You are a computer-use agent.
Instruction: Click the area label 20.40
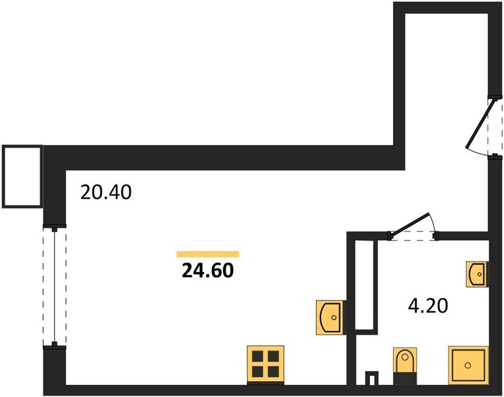(106, 193)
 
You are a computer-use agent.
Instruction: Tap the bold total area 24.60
(207, 271)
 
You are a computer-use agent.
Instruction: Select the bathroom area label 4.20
(428, 306)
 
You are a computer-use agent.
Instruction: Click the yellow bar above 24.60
(207, 254)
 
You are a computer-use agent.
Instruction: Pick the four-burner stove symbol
(266, 365)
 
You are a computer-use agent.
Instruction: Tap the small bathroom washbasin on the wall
(476, 274)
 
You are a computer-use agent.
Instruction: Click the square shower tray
(468, 365)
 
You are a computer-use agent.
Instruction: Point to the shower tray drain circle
(468, 365)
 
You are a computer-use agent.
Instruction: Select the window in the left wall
(55, 287)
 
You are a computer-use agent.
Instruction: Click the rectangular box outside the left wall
(22, 177)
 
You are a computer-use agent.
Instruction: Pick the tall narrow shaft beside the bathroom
(365, 285)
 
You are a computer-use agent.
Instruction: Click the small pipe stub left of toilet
(372, 378)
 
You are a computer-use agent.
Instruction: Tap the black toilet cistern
(405, 378)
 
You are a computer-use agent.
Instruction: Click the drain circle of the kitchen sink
(334, 318)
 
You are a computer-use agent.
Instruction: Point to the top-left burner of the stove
(258, 357)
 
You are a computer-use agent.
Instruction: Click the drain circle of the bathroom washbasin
(480, 275)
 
